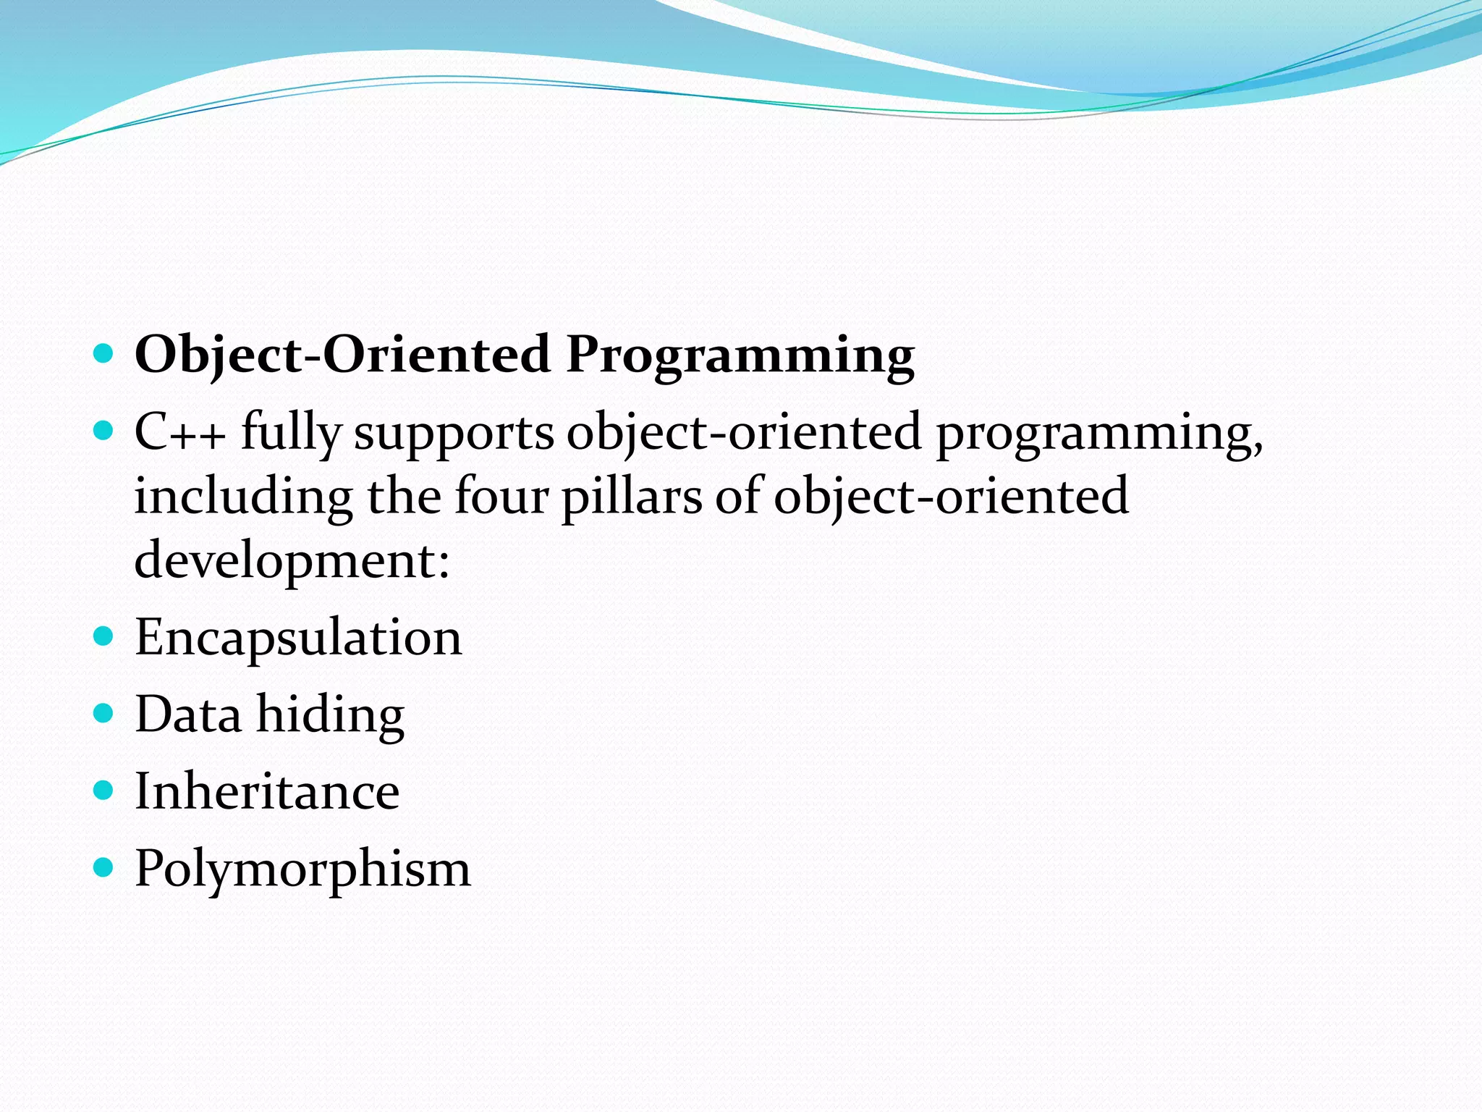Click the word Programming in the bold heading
[740, 356]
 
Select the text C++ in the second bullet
[179, 433]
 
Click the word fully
[290, 433]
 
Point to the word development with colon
[292, 562]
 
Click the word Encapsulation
[298, 639]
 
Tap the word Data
[188, 715]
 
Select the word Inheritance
[267, 791]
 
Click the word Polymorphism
[302, 869]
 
